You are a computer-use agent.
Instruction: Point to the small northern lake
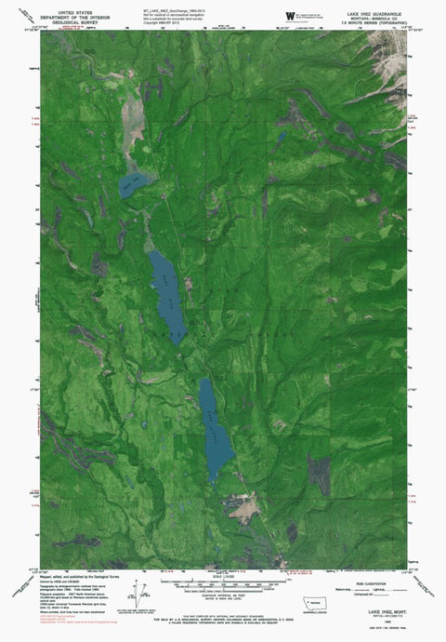pyautogui.click(x=128, y=187)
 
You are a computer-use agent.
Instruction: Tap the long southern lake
pyautogui.click(x=215, y=426)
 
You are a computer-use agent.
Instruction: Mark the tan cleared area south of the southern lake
pyautogui.click(x=243, y=507)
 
